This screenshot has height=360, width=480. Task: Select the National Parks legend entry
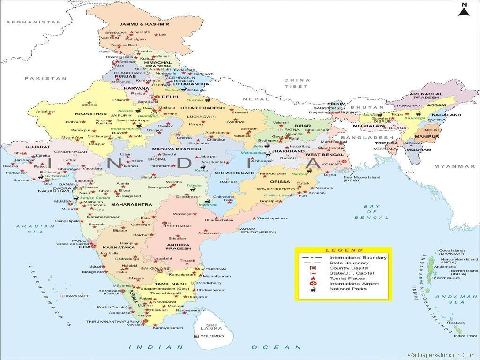tap(347, 289)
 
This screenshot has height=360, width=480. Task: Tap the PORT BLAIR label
tap(446, 278)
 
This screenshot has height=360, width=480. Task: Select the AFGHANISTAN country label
tap(33, 22)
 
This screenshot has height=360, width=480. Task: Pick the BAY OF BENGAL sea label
tap(372, 212)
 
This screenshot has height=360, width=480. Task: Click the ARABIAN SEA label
tap(29, 229)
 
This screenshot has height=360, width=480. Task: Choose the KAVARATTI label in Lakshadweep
tap(78, 296)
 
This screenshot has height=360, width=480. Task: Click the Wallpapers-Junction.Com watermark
tap(441, 355)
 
